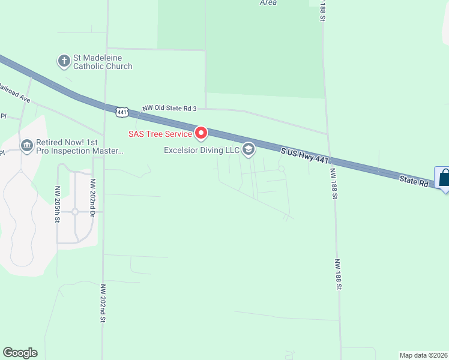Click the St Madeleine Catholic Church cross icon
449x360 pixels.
pyautogui.click(x=64, y=61)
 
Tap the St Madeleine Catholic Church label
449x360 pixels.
pyautogui.click(x=103, y=62)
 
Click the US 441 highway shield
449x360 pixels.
pyautogui.click(x=122, y=112)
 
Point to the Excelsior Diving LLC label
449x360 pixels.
pyautogui.click(x=202, y=150)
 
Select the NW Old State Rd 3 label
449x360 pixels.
pyautogui.click(x=169, y=108)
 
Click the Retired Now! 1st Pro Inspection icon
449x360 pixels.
pyautogui.click(x=26, y=145)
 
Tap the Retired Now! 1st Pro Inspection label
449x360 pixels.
pyautogui.click(x=80, y=147)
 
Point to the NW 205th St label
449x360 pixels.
pyautogui.click(x=58, y=205)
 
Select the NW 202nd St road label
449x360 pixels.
pyautogui.click(x=103, y=304)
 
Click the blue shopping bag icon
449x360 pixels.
pyautogui.click(x=444, y=178)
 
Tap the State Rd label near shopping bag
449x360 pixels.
pyautogui.click(x=415, y=180)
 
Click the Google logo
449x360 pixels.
pyautogui.click(x=20, y=353)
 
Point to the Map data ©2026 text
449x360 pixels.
pyautogui.click(x=423, y=355)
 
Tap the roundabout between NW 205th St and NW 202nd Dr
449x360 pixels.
pyautogui.click(x=75, y=211)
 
